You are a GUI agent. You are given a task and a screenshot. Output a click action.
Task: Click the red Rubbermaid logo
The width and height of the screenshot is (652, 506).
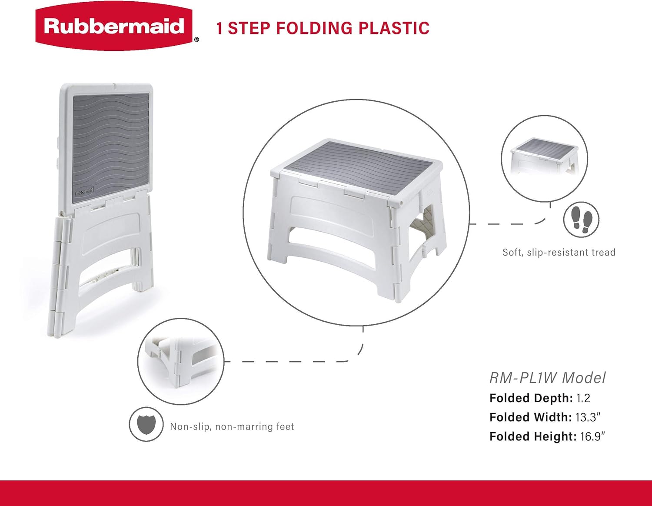click(x=114, y=27)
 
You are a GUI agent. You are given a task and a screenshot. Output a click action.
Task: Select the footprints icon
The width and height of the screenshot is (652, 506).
click(x=581, y=220)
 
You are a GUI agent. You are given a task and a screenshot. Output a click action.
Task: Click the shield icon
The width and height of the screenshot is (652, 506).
click(x=146, y=424)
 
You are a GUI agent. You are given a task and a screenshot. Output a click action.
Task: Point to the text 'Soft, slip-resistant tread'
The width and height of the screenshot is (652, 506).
click(x=559, y=252)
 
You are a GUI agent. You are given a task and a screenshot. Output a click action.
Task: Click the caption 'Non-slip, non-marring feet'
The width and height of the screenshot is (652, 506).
click(x=232, y=427)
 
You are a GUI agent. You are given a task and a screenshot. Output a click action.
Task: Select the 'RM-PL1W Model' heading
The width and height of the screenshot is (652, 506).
click(x=547, y=378)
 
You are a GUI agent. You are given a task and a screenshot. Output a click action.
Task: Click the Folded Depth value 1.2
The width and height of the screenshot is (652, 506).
click(x=583, y=398)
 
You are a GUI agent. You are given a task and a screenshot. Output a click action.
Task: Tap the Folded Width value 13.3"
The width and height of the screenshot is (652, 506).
click(x=588, y=417)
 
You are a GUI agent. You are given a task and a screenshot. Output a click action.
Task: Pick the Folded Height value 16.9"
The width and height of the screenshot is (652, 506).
click(x=592, y=436)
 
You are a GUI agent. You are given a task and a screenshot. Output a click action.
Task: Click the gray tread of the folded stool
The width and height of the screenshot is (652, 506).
click(x=111, y=143)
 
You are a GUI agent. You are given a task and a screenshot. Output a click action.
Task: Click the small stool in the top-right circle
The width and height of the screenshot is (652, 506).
click(x=545, y=156)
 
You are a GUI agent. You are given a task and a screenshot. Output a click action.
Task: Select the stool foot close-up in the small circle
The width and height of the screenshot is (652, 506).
click(x=181, y=361)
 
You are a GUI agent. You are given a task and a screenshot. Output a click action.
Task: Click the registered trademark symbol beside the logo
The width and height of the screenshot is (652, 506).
click(x=196, y=40)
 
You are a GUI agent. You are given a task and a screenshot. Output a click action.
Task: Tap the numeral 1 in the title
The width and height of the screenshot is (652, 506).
click(x=220, y=28)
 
